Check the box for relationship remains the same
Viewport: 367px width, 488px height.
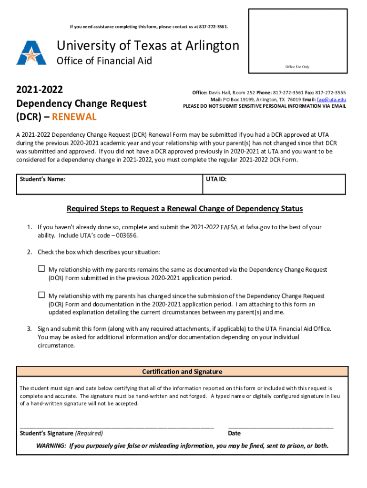[x=41, y=269]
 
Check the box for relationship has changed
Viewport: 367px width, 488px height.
[x=41, y=295]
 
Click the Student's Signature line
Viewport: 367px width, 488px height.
[x=117, y=425]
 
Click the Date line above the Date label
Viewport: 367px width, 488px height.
[x=281, y=425]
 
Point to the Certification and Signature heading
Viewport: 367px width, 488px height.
[x=182, y=372]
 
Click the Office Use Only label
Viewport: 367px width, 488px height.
[x=297, y=67]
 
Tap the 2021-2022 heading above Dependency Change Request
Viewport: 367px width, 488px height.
[x=40, y=90]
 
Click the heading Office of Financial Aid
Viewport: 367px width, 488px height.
[x=104, y=61]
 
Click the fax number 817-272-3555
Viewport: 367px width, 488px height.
[x=330, y=92]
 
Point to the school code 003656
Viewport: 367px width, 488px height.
[x=127, y=236]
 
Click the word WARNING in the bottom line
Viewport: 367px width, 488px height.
[x=51, y=446]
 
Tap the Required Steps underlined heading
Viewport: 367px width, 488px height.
[x=184, y=209]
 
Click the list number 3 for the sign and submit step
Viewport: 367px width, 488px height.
[x=29, y=329]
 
